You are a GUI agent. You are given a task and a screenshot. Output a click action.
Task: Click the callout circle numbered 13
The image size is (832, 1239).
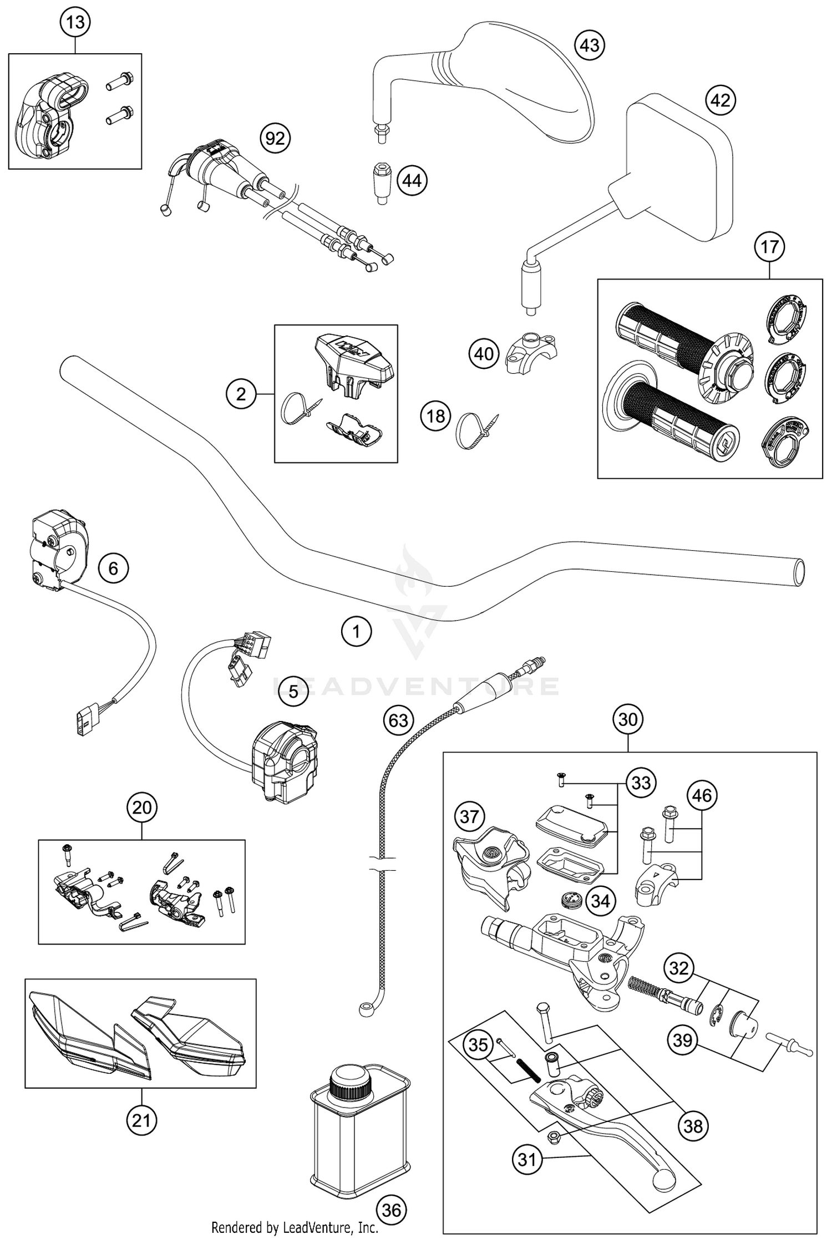tap(75, 23)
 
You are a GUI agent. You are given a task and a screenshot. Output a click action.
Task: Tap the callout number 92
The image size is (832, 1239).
tap(275, 138)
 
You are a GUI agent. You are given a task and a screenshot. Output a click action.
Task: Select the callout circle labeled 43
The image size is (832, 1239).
tap(590, 45)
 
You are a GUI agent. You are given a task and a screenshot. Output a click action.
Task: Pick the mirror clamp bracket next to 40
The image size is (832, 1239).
tap(531, 353)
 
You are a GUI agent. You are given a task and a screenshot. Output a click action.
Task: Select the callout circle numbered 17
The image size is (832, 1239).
tap(770, 246)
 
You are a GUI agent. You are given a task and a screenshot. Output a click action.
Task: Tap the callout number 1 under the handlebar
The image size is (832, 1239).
tap(356, 631)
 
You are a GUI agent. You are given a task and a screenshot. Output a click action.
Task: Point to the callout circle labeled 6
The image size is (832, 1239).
tap(113, 568)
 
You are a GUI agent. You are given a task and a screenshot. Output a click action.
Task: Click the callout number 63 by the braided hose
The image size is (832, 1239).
tap(398, 720)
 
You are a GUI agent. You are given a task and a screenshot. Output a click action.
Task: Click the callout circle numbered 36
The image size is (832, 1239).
tap(392, 1210)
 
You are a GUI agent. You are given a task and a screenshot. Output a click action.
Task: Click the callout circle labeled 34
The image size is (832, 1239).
tap(601, 901)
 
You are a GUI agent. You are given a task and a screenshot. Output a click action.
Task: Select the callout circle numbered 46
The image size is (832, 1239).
tap(702, 795)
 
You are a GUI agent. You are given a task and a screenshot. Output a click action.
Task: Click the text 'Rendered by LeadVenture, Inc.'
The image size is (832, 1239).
tap(295, 1227)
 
